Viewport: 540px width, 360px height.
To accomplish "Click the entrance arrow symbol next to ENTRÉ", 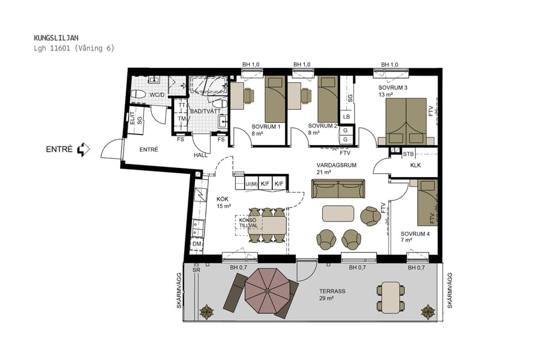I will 83,149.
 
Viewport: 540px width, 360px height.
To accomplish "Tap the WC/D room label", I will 157,95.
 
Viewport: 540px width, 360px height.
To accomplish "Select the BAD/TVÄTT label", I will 205,111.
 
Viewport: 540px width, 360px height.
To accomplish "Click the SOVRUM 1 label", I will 266,127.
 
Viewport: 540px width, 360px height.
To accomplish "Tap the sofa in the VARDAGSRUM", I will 338,188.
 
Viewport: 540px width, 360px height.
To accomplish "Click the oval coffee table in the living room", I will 338,214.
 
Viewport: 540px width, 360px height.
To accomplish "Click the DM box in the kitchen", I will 196,244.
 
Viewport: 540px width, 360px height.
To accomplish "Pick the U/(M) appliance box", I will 251,184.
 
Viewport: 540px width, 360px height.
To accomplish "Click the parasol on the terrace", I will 267,292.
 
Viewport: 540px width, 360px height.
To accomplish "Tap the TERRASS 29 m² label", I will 332,294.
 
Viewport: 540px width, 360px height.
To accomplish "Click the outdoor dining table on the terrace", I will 391,298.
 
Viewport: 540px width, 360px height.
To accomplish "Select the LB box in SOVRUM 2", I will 346,116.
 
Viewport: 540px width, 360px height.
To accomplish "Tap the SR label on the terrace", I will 196,271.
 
